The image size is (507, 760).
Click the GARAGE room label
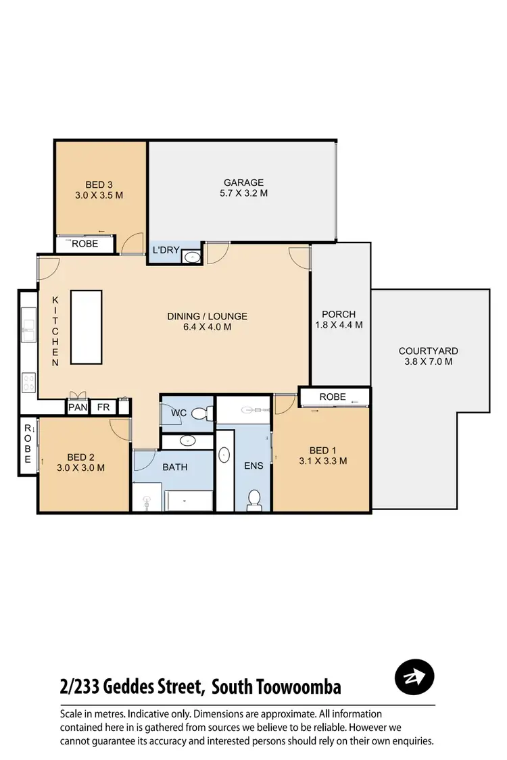coord(243,182)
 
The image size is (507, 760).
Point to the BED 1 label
coord(322,451)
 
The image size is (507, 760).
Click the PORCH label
coord(339,314)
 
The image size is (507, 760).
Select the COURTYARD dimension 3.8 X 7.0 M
coord(428,361)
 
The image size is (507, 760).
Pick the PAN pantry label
coord(77,407)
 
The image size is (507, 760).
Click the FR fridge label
coord(103,407)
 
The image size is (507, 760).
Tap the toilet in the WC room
coord(201,413)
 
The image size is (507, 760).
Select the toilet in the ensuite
coord(255,499)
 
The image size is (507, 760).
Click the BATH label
coord(174,467)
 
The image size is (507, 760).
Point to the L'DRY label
coord(166,251)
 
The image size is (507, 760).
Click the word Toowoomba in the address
coord(298,688)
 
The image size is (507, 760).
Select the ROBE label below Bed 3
coord(84,244)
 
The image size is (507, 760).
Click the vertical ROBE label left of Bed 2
coord(28,444)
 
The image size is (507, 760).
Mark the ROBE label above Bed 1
coord(333,397)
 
